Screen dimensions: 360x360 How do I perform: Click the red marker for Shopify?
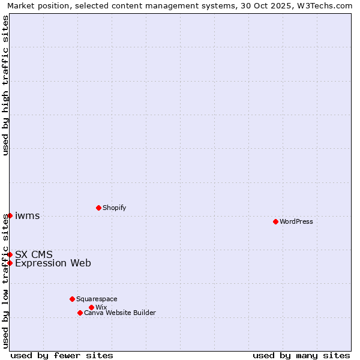tap(98, 208)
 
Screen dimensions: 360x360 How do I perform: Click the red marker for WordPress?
tap(275, 221)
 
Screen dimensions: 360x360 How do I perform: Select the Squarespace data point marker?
tap(72, 299)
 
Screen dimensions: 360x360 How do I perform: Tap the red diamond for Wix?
tap(91, 307)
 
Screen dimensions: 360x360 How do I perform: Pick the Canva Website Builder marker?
tap(80, 313)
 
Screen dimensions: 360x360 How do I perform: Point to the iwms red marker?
tap(10, 215)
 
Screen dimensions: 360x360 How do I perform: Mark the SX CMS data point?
tap(10, 254)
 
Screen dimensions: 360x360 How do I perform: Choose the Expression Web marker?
tap(10, 263)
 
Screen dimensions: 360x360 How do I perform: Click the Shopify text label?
tap(114, 208)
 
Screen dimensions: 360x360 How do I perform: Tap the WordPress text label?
tap(296, 221)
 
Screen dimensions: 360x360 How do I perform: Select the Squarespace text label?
tap(97, 299)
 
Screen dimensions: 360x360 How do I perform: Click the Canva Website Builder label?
tap(119, 313)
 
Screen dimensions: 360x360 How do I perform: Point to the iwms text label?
tap(27, 216)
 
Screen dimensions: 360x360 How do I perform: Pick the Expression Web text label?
tap(53, 263)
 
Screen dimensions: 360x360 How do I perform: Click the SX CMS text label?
tap(34, 254)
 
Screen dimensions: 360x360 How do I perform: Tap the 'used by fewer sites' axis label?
tap(62, 355)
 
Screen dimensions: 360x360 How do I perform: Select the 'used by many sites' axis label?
tap(301, 355)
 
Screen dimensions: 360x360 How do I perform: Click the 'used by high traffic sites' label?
tap(5, 85)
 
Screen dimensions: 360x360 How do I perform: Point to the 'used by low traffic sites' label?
tap(5, 281)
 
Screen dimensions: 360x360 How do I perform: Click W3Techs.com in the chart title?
tap(327, 5)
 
